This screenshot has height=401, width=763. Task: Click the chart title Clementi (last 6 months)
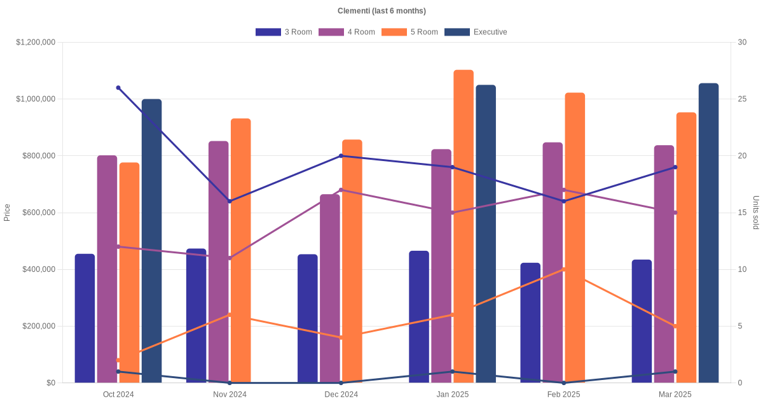(381, 11)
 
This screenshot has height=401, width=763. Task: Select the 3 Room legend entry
(284, 32)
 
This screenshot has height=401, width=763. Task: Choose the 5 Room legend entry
(409, 32)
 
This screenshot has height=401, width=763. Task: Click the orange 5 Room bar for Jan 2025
(464, 226)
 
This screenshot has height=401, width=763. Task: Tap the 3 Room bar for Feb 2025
(530, 323)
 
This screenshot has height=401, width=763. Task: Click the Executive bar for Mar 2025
(708, 233)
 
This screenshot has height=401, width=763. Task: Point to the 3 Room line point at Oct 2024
(118, 88)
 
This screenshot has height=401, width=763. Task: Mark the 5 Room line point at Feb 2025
(564, 269)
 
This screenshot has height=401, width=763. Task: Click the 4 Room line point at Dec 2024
(341, 190)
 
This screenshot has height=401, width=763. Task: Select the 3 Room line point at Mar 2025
(675, 167)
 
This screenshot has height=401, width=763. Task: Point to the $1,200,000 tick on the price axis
(36, 42)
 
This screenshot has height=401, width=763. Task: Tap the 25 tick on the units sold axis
(742, 99)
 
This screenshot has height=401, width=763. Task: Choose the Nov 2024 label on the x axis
(230, 395)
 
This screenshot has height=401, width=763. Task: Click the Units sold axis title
(756, 213)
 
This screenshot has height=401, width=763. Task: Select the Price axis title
(7, 213)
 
